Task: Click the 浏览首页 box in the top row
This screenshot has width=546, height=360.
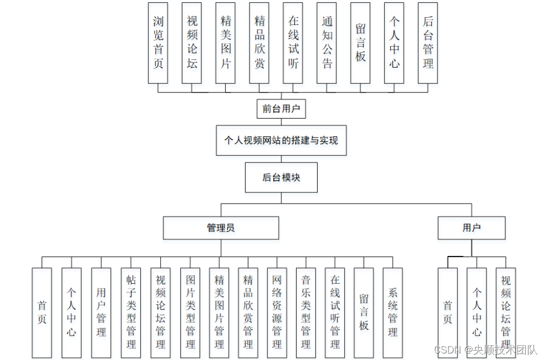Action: pyautogui.click(x=158, y=43)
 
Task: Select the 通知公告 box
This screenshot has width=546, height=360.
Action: pyautogui.click(x=327, y=43)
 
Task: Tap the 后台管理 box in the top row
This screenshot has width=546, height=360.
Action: pyautogui.click(x=428, y=43)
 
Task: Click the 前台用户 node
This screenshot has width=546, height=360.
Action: pyautogui.click(x=281, y=109)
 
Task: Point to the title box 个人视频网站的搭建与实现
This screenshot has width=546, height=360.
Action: pyautogui.click(x=281, y=140)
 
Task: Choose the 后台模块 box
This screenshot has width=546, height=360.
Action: pyautogui.click(x=280, y=177)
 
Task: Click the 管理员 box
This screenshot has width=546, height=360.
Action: pyautogui.click(x=221, y=228)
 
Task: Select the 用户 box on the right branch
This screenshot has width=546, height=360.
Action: pyautogui.click(x=471, y=228)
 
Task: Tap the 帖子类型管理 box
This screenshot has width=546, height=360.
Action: pyautogui.click(x=131, y=312)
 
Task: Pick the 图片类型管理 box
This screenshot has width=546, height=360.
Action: pyautogui.click(x=190, y=312)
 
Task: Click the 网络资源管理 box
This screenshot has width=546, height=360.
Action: pyautogui.click(x=277, y=312)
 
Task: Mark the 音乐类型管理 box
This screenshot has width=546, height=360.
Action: pyautogui.click(x=306, y=312)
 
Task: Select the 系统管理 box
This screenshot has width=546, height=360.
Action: pyautogui.click(x=393, y=312)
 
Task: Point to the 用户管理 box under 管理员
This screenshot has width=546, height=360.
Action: pyautogui.click(x=101, y=312)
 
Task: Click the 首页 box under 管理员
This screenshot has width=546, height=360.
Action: pyautogui.click(x=42, y=312)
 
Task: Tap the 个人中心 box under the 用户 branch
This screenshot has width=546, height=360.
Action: pyautogui.click(x=477, y=312)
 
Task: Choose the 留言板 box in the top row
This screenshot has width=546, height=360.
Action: pyautogui.click(x=360, y=43)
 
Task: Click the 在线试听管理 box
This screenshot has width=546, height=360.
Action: pyautogui.click(x=335, y=312)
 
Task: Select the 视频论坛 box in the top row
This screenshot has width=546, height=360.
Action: pyautogui.click(x=192, y=43)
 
